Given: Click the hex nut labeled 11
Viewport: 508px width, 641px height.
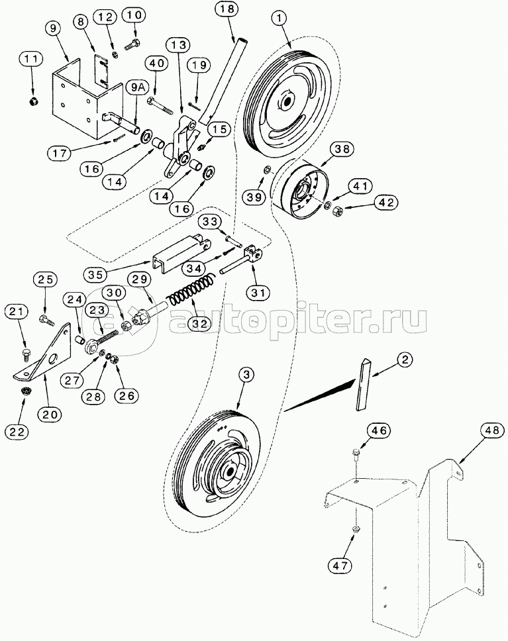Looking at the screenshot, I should (x=32, y=101).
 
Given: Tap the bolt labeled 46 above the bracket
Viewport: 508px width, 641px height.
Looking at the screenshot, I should (x=355, y=454).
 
